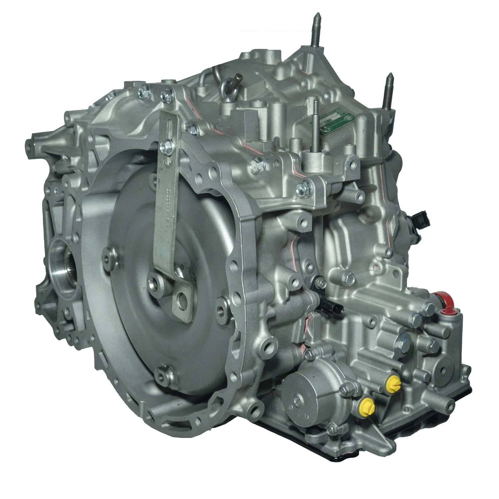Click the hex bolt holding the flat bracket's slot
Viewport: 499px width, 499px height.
[x=165, y=145]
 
